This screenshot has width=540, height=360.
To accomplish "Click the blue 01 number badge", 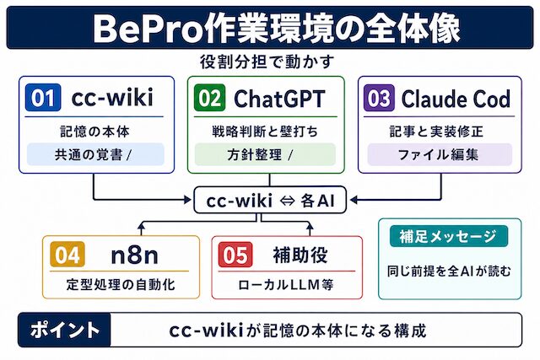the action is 43,98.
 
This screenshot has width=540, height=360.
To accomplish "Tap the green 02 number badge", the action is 210,98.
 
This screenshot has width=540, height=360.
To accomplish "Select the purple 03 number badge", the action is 379,98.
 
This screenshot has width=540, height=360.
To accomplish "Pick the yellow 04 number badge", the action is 67,255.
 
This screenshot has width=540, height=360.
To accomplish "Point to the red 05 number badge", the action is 235,255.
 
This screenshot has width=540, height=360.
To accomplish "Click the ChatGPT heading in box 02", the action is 279,99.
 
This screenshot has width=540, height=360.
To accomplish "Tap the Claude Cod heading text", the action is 456,99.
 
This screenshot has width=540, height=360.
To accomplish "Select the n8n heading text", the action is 134,255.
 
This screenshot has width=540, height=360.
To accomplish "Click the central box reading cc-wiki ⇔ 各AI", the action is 270,200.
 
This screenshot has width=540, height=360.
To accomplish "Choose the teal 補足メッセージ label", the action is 449,236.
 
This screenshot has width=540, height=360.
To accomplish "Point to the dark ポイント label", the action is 64,330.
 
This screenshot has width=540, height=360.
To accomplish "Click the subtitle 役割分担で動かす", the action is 267,62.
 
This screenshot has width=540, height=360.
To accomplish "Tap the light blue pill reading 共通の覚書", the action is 95,154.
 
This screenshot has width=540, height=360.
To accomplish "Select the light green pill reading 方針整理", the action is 265,154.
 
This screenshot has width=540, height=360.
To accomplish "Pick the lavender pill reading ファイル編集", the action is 440,154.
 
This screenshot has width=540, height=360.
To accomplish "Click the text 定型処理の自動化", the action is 121,285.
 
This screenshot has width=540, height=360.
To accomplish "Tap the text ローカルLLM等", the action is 286,285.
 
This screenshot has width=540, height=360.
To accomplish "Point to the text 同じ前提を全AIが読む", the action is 449,271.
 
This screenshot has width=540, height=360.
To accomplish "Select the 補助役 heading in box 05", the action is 300,255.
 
